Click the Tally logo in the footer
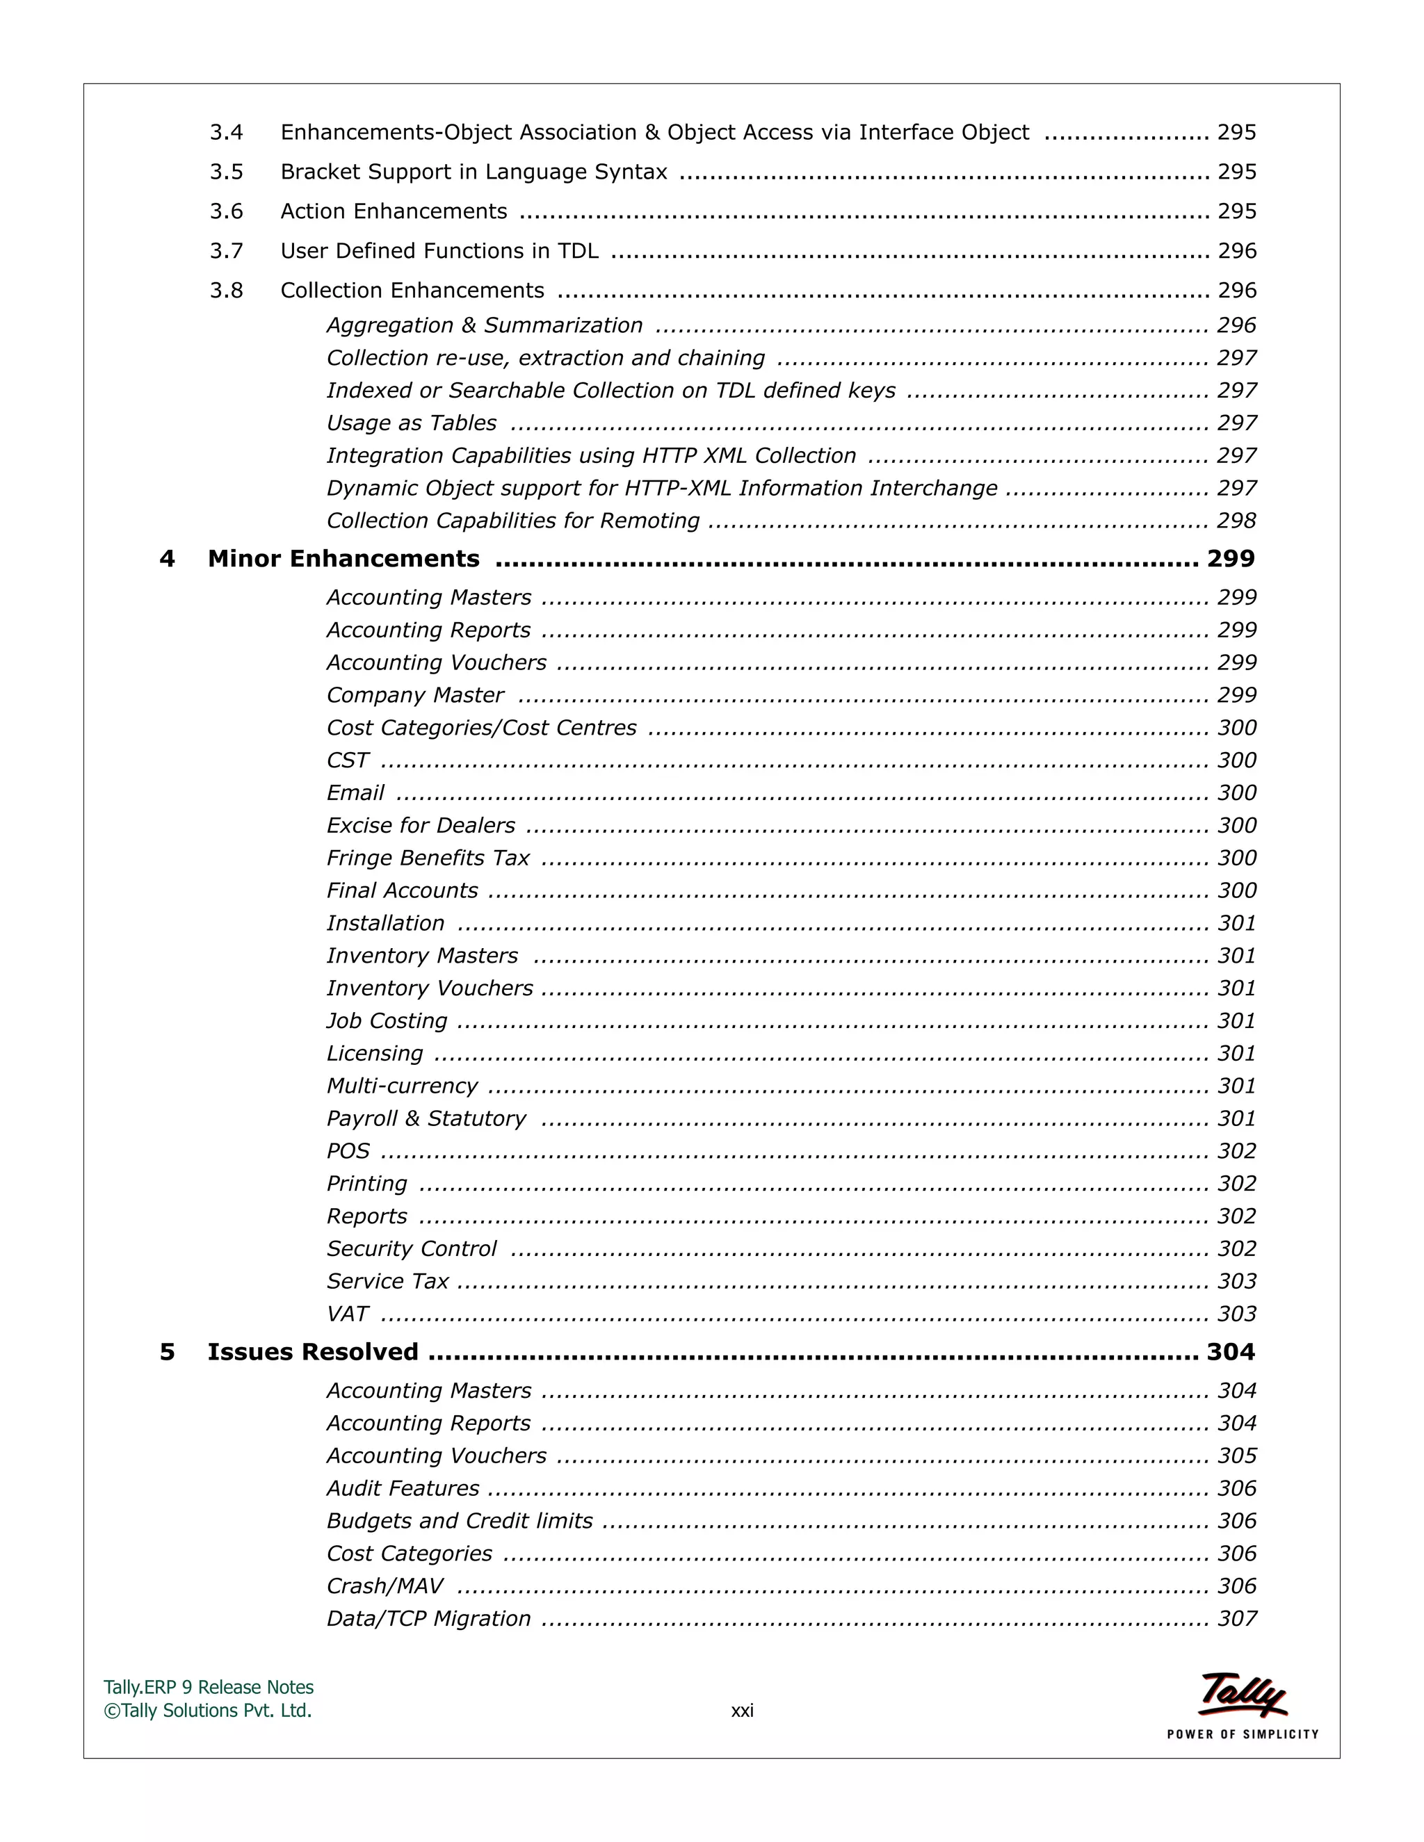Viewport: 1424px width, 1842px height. tap(1242, 1695)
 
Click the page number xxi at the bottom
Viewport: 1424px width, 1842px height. tap(741, 1711)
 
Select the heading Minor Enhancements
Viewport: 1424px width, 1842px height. tap(343, 558)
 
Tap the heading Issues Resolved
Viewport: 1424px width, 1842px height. tap(313, 1352)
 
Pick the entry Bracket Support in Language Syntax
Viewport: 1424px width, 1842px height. tap(474, 172)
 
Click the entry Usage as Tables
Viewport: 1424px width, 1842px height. tap(412, 423)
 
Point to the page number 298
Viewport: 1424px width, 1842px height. tap(1236, 521)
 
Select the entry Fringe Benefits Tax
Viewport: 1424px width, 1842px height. tap(428, 858)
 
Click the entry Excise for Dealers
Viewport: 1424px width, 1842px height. tap(420, 825)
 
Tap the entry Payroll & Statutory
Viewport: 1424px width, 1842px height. tap(426, 1118)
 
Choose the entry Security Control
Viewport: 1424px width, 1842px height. tap(412, 1248)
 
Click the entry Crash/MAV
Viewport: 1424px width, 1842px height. tap(385, 1586)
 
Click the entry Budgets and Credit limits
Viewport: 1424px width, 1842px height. tap(460, 1521)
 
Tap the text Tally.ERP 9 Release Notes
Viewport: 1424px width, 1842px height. tap(209, 1688)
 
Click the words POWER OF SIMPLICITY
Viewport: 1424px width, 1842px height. tap(1242, 1734)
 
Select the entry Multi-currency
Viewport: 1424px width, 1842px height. tap(402, 1086)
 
